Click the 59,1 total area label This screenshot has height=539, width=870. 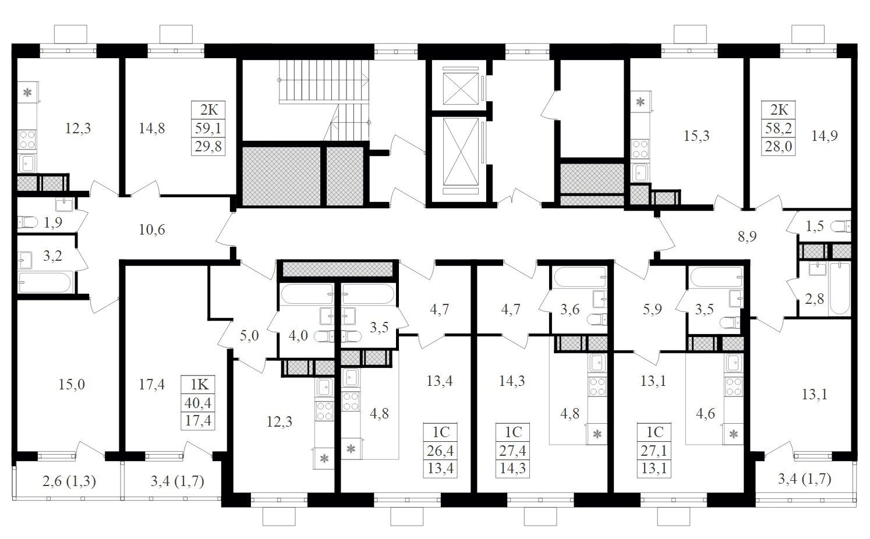(208, 128)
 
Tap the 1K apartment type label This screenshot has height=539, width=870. (199, 384)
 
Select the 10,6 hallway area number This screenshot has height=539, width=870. (152, 230)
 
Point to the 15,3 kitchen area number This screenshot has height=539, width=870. (696, 136)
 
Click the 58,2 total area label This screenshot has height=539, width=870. (779, 128)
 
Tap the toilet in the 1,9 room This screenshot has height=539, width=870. (27, 222)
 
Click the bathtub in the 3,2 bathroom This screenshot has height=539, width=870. (45, 282)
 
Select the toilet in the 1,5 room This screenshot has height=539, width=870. (840, 226)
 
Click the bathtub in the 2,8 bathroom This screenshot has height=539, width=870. (839, 288)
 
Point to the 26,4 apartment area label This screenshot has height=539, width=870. (440, 451)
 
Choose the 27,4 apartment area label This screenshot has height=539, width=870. (512, 451)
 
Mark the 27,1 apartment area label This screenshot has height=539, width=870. (654, 451)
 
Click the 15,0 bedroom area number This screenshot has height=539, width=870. (72, 384)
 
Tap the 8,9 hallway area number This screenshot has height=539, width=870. (747, 236)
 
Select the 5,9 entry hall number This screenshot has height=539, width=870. (652, 309)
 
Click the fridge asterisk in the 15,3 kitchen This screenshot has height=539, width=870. (640, 102)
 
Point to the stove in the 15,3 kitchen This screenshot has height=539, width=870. (641, 149)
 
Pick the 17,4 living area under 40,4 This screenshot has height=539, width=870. (198, 420)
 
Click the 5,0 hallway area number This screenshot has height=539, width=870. (249, 335)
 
